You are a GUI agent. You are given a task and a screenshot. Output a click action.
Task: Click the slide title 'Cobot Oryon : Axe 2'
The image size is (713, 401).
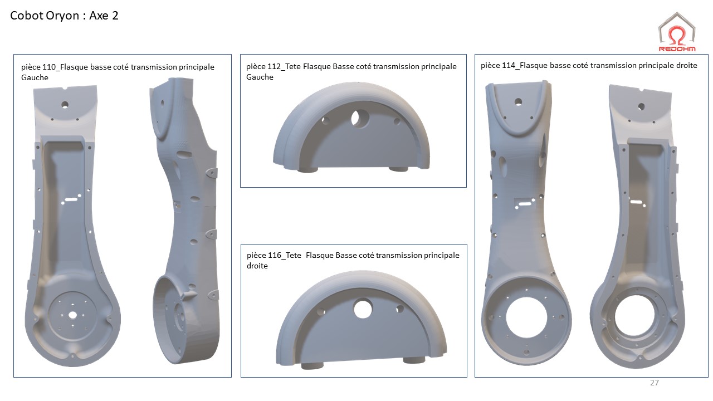pyautogui.click(x=64, y=16)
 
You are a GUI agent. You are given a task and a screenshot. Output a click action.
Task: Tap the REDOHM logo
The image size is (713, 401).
pyautogui.click(x=677, y=32)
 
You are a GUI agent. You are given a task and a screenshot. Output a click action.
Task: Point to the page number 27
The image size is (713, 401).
pyautogui.click(x=654, y=383)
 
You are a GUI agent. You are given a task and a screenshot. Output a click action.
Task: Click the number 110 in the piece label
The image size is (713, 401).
pyautogui.click(x=49, y=67)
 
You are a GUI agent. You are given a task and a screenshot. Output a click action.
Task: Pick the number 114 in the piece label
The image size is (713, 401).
pyautogui.click(x=509, y=66)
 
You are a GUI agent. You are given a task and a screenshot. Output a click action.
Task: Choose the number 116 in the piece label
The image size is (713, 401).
pyautogui.click(x=275, y=255)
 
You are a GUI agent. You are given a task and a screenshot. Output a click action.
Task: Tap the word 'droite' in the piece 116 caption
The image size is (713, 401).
pyautogui.click(x=257, y=266)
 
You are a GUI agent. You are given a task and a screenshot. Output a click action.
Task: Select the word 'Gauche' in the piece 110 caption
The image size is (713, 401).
pyautogui.click(x=35, y=77)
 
